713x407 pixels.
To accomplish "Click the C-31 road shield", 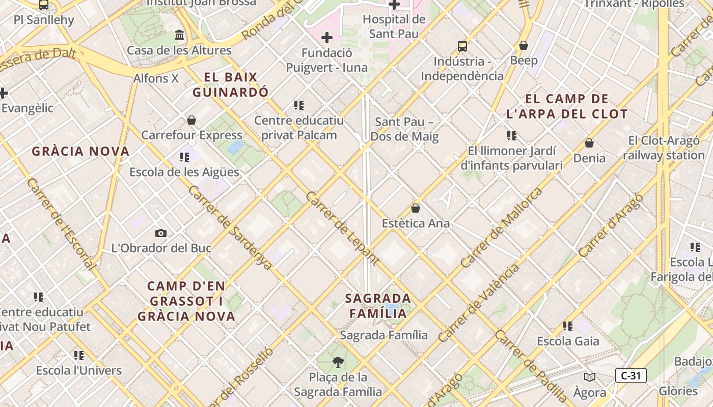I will coord(630,376).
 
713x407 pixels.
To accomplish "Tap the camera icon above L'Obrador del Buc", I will coord(161,234).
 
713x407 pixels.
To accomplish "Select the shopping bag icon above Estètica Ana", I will coord(416,209).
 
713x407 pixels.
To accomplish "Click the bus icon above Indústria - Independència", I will coord(462,46).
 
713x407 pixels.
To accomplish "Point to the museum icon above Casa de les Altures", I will coord(179,35).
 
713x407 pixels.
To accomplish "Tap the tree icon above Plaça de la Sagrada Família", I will coord(338,362).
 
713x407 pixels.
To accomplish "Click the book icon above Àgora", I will coord(590,377).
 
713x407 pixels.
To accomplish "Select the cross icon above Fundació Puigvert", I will coord(327,38).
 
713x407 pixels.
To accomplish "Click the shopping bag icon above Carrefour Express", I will coord(191,120).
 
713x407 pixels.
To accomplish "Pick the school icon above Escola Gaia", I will coord(568,326).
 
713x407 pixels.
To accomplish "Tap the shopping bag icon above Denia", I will coord(589,143).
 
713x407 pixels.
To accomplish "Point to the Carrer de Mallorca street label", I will coord(501,228).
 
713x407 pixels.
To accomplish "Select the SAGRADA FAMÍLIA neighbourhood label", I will coord(378,306).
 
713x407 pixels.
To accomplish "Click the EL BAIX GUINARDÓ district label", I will coord(230,85).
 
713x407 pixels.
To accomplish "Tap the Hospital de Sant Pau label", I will coord(394,26).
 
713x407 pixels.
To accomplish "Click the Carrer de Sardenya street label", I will coord(230,227).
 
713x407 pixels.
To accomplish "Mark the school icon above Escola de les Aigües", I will coord(184,157).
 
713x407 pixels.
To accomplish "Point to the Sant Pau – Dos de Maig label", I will coord(404,129).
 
